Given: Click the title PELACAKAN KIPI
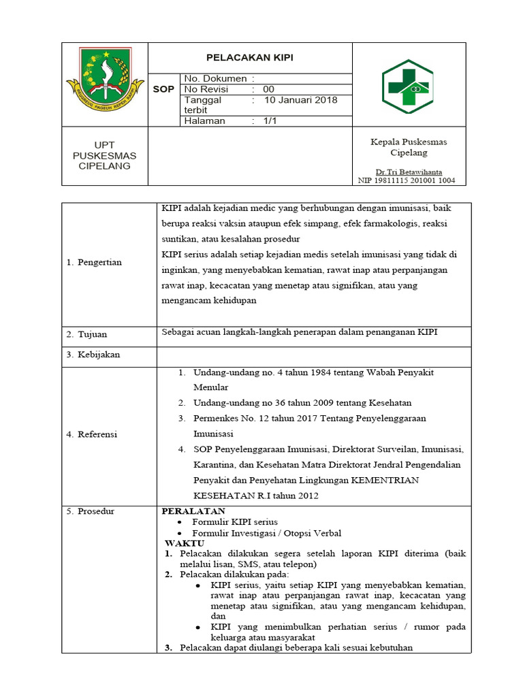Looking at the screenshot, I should click(250, 58).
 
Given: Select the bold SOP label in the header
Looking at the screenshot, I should click(163, 89).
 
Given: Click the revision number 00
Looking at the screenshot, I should click(268, 89).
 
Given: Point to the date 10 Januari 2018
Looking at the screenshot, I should click(300, 100).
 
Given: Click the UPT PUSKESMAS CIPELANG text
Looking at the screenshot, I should click(104, 155).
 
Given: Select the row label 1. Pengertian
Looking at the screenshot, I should click(94, 263).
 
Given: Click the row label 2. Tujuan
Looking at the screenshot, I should click(86, 335).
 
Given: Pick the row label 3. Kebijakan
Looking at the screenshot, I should click(93, 355).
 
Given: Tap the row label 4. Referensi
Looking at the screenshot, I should click(92, 434).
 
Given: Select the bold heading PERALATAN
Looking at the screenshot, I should click(193, 511).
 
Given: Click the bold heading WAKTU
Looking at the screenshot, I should click(185, 543).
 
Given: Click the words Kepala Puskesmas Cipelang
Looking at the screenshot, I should click(409, 147).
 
